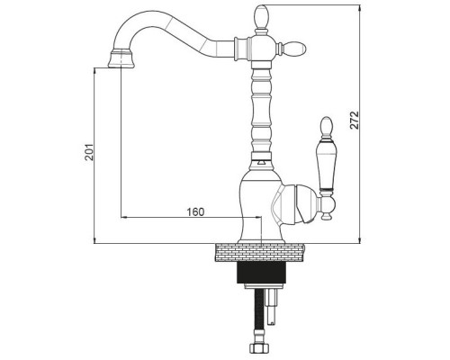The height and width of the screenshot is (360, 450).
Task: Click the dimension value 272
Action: click(355, 120)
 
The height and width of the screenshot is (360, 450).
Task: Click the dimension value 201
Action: click(89, 152)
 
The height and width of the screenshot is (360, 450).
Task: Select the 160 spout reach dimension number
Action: click(195, 211)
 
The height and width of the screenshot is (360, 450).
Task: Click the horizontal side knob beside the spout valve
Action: click(294, 48)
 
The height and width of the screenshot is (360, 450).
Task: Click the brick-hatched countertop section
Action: click(260, 253)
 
